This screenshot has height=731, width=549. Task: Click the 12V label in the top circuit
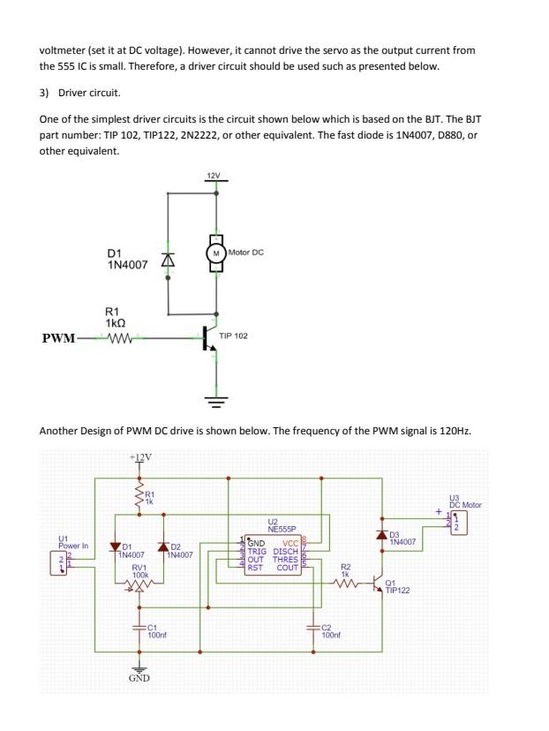(x=213, y=176)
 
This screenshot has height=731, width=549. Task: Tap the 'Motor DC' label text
(x=246, y=252)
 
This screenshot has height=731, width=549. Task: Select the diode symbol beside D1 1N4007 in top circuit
(x=167, y=261)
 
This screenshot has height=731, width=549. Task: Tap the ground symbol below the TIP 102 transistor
(x=215, y=400)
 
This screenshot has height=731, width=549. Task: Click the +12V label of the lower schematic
(x=139, y=457)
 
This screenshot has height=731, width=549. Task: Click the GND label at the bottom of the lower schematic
(x=139, y=678)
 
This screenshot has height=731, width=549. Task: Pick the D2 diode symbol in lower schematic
(x=162, y=548)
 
